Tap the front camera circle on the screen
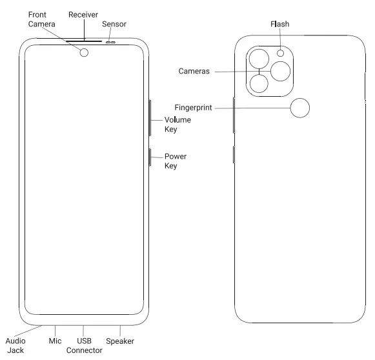(84, 53)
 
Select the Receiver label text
(83, 14)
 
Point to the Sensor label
(114, 24)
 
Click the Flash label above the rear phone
(279, 25)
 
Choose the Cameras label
(194, 71)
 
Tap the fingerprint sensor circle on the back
(299, 108)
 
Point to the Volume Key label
(177, 125)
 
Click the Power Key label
(175, 161)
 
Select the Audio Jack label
(15, 345)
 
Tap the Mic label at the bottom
(55, 341)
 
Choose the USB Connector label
(85, 345)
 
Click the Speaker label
(119, 341)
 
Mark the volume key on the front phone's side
(150, 117)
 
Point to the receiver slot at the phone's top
(84, 39)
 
